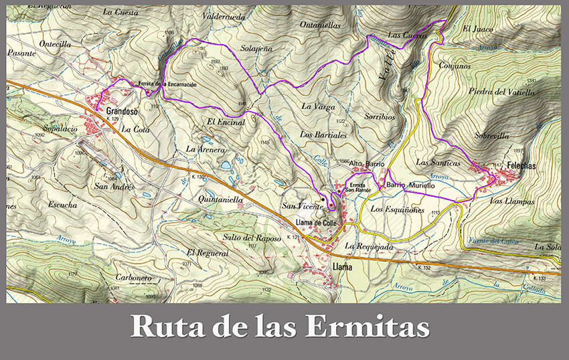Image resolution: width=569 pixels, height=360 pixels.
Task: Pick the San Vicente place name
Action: coord(299,206)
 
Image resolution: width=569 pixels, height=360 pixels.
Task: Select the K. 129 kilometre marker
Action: coord(112,119)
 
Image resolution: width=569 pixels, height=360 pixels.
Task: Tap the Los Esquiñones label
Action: coord(398,209)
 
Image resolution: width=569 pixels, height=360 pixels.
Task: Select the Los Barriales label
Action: coord(323,134)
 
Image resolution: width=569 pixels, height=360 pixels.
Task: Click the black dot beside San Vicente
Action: coord(322,199)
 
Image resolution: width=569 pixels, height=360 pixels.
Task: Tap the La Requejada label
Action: coord(368,246)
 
